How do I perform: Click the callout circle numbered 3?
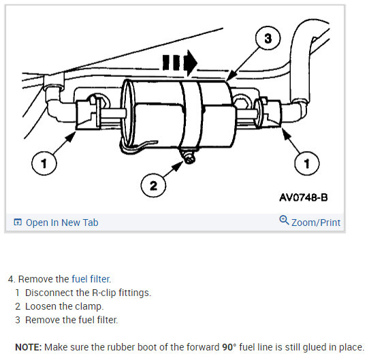click(x=268, y=39)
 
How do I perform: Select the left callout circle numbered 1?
click(x=44, y=163)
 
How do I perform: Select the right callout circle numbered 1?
click(x=307, y=163)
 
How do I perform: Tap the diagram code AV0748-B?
click(x=303, y=198)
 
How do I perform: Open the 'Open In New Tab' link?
click(x=62, y=223)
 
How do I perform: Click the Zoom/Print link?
click(x=315, y=222)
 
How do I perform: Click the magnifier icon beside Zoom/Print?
click(x=285, y=220)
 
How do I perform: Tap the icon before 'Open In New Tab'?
click(x=18, y=223)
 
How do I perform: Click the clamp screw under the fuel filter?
click(x=185, y=160)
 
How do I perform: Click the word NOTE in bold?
click(x=28, y=346)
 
